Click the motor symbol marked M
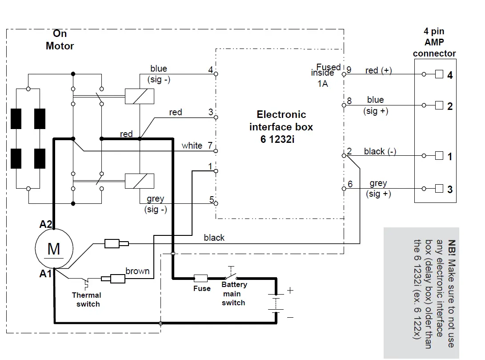click(53, 249)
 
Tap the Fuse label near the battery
click(202, 288)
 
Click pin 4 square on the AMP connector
click(439, 74)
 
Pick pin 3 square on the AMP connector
click(439, 189)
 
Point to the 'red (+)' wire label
click(378, 70)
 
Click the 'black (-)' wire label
click(380, 151)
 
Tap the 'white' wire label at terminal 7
click(192, 146)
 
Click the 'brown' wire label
click(137, 271)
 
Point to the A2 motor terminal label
click(46, 224)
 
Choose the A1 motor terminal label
click(46, 274)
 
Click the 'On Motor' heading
click(60, 40)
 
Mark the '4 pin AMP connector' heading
click(434, 43)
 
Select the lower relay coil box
click(140, 181)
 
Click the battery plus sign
click(290, 290)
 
